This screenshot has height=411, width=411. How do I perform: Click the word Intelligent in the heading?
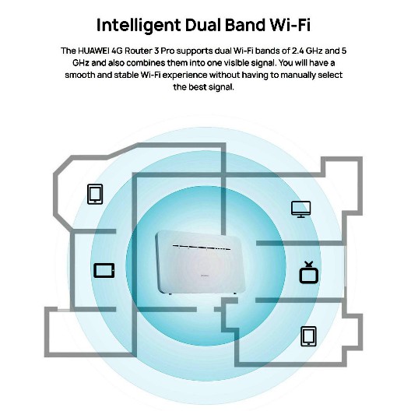tap(139, 26)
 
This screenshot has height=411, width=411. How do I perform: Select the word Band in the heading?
tap(245, 25)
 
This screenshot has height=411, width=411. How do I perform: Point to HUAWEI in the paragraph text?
tap(93, 51)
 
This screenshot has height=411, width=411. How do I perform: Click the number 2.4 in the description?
tap(297, 51)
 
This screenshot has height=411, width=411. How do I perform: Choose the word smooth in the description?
tap(79, 75)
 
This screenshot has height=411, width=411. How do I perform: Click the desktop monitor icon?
tap(301, 209)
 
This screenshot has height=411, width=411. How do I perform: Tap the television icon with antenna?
tap(309, 272)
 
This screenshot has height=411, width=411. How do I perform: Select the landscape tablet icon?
tap(104, 271)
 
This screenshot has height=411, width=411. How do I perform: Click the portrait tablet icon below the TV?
tap(308, 336)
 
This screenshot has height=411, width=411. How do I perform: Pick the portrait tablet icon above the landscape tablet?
tap(95, 195)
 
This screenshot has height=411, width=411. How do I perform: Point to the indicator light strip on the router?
tap(202, 247)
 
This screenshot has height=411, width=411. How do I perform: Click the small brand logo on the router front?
tap(205, 276)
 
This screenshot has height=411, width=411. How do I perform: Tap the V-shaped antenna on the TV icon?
tap(309, 264)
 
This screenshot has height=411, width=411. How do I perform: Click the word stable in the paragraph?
tap(126, 75)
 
